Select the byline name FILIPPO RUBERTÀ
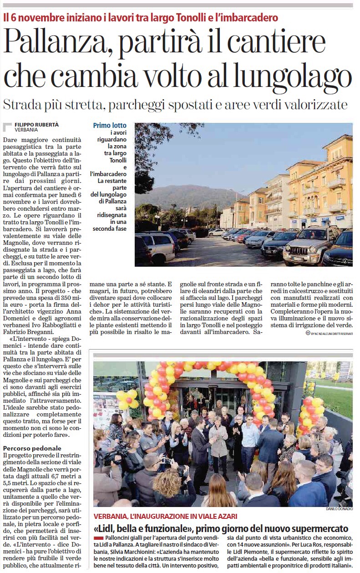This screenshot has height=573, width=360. coord(37,124)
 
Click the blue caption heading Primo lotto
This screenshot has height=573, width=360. coord(110,126)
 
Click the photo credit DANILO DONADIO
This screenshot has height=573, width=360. coord(339,509)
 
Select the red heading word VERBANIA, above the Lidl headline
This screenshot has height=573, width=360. coord(112,517)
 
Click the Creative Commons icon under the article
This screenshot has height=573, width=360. coord(308,333)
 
